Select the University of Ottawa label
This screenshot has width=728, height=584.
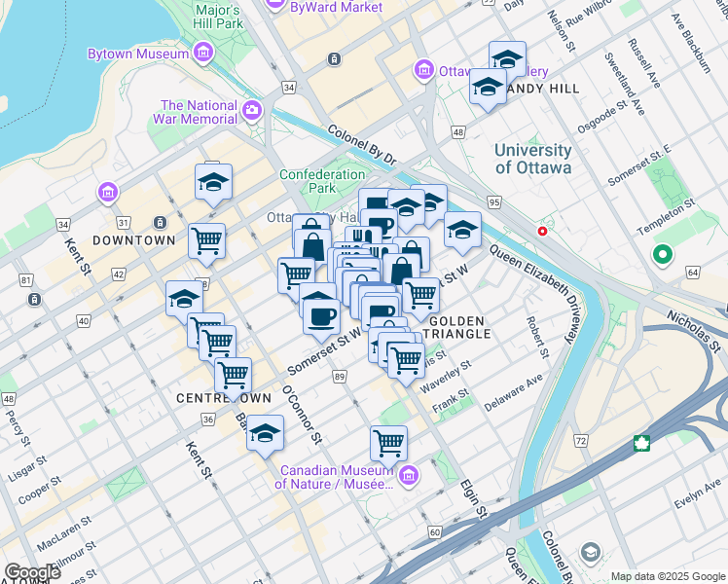pyautogui.click(x=532, y=159)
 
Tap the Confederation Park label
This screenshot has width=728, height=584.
pyautogui.click(x=320, y=182)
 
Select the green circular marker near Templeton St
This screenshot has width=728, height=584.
pyautogui.click(x=664, y=255)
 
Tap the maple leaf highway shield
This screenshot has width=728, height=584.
pyautogui.click(x=642, y=444)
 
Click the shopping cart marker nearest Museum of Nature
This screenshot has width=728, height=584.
pyautogui.click(x=388, y=442)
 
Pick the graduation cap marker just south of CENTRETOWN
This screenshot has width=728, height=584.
pyautogui.click(x=265, y=434)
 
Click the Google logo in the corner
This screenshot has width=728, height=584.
pyautogui.click(x=31, y=572)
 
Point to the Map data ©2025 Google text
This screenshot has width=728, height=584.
pyautogui.click(x=667, y=576)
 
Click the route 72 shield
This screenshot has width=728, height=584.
pyautogui.click(x=581, y=442)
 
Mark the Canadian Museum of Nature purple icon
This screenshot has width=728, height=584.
pyautogui.click(x=409, y=475)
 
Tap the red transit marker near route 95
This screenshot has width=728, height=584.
pyautogui.click(x=542, y=232)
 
